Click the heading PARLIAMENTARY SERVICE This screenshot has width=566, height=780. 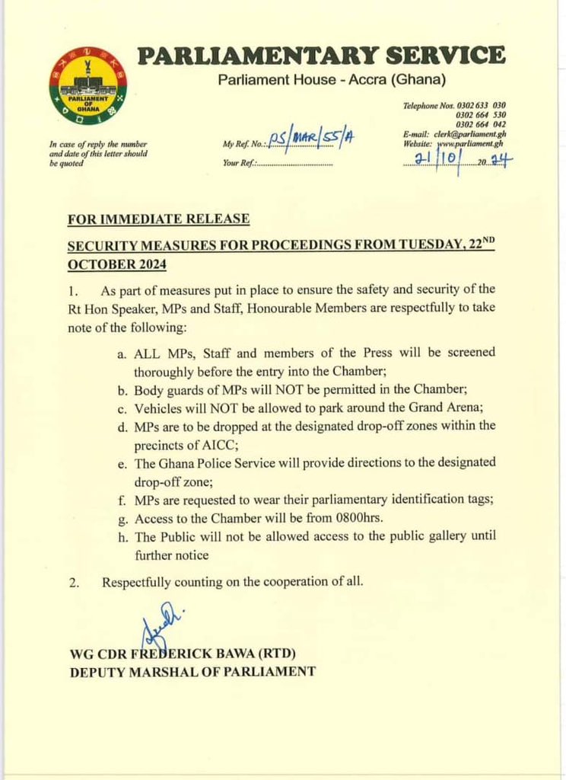(321, 56)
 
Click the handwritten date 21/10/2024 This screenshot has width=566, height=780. (463, 161)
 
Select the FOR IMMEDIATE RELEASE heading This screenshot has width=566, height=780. (158, 219)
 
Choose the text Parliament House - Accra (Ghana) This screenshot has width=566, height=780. (332, 79)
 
